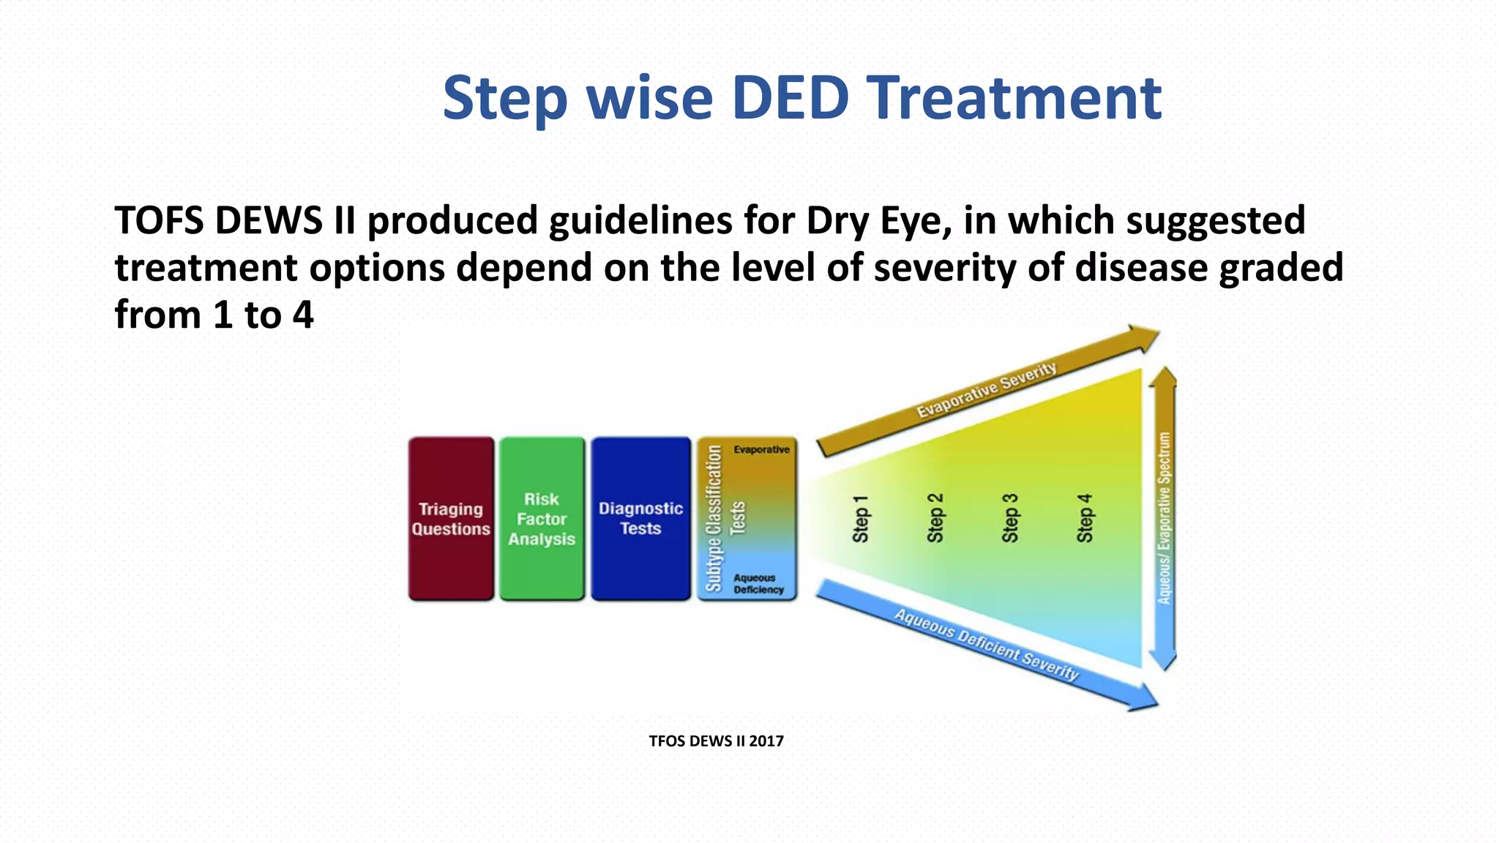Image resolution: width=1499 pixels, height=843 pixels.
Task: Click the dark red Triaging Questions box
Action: point(451,519)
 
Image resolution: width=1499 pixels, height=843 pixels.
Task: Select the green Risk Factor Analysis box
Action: point(542,519)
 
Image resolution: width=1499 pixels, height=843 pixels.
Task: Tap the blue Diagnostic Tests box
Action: point(640,519)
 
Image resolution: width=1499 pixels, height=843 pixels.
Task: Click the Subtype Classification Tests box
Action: point(747,519)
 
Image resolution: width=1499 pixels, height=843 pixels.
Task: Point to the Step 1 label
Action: point(861,519)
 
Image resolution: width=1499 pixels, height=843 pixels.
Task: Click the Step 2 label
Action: point(935,519)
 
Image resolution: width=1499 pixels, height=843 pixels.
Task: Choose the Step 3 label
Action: point(1010,519)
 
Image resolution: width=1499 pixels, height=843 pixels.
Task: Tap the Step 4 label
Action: point(1085,519)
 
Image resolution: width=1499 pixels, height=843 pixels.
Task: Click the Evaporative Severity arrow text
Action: point(986,390)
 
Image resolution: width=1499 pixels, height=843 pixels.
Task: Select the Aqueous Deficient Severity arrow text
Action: point(986,645)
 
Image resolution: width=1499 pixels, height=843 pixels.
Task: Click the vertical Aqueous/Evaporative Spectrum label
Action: point(1164,519)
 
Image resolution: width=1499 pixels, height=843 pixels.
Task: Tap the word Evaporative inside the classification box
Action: point(761,449)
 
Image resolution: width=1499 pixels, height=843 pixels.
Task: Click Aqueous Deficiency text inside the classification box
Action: point(758,584)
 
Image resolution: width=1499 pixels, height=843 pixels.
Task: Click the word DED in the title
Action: point(790,98)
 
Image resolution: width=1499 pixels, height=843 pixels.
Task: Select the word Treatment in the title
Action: point(1014,98)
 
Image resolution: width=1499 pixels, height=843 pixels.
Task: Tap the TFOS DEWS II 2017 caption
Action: point(716,741)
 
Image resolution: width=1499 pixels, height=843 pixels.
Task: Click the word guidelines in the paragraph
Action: point(640,221)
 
